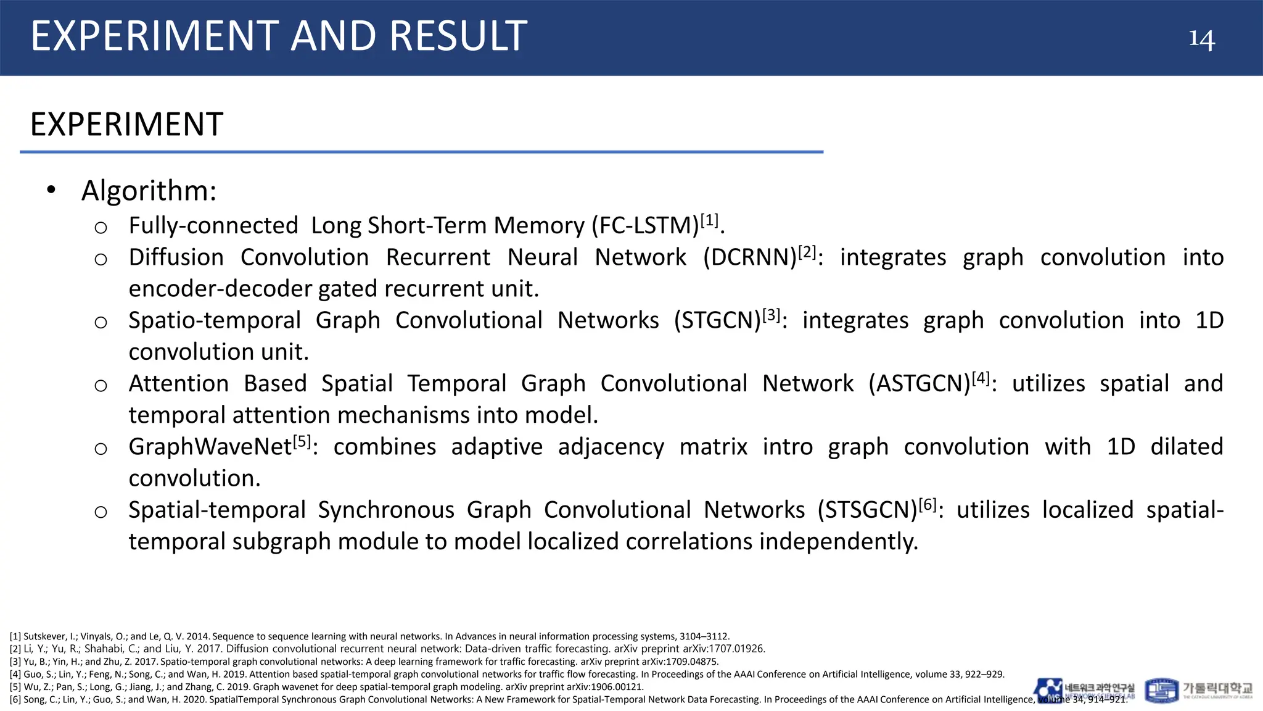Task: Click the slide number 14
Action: pos(1201,39)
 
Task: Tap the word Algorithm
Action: pos(149,191)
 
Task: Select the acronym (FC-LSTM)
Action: pos(645,226)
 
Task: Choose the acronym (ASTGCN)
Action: pos(919,384)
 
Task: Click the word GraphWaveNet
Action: pos(210,447)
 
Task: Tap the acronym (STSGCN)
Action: pos(867,510)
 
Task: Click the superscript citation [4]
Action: pos(981,378)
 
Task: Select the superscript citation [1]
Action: pos(709,220)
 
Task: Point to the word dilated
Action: pos(1186,447)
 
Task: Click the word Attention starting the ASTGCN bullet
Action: pos(179,384)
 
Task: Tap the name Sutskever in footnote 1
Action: pos(44,636)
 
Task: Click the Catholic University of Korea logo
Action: pos(1199,690)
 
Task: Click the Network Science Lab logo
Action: pos(1084,690)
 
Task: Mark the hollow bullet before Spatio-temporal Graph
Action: pos(101,322)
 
